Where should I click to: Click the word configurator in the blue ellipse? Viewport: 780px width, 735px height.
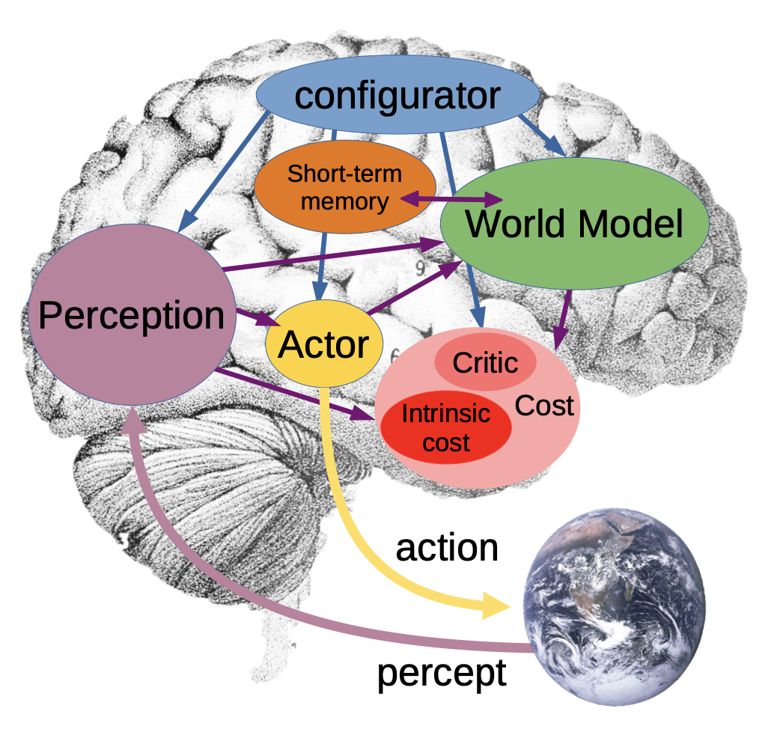pyautogui.click(x=397, y=97)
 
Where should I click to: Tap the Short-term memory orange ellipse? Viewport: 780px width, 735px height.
pyautogui.click(x=345, y=187)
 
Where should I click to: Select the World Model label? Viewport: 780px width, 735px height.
pyautogui.click(x=574, y=225)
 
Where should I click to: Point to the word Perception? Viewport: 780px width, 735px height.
pyautogui.click(x=131, y=315)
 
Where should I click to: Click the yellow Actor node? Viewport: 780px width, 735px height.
pyautogui.click(x=324, y=344)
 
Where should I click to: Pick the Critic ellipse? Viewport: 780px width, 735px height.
pyautogui.click(x=485, y=362)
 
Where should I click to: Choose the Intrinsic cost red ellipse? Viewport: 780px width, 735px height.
pyautogui.click(x=445, y=427)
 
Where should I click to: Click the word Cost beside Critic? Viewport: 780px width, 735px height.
pyautogui.click(x=544, y=406)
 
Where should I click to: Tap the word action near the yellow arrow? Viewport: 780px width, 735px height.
pyautogui.click(x=447, y=548)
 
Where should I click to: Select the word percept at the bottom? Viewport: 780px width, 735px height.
pyautogui.click(x=442, y=674)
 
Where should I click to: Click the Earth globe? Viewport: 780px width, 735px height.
pyautogui.click(x=615, y=607)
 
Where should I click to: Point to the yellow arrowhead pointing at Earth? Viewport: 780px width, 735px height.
pyautogui.click(x=496, y=606)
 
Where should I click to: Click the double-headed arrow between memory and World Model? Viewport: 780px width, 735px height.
pyautogui.click(x=451, y=199)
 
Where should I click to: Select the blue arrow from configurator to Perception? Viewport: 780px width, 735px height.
pyautogui.click(x=223, y=172)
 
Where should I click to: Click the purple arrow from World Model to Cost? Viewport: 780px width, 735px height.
pyautogui.click(x=562, y=320)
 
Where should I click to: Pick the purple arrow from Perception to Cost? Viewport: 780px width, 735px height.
pyautogui.click(x=294, y=394)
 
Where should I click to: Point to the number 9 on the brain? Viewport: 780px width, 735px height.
pyautogui.click(x=421, y=269)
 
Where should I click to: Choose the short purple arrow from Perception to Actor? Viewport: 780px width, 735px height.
pyautogui.click(x=258, y=319)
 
